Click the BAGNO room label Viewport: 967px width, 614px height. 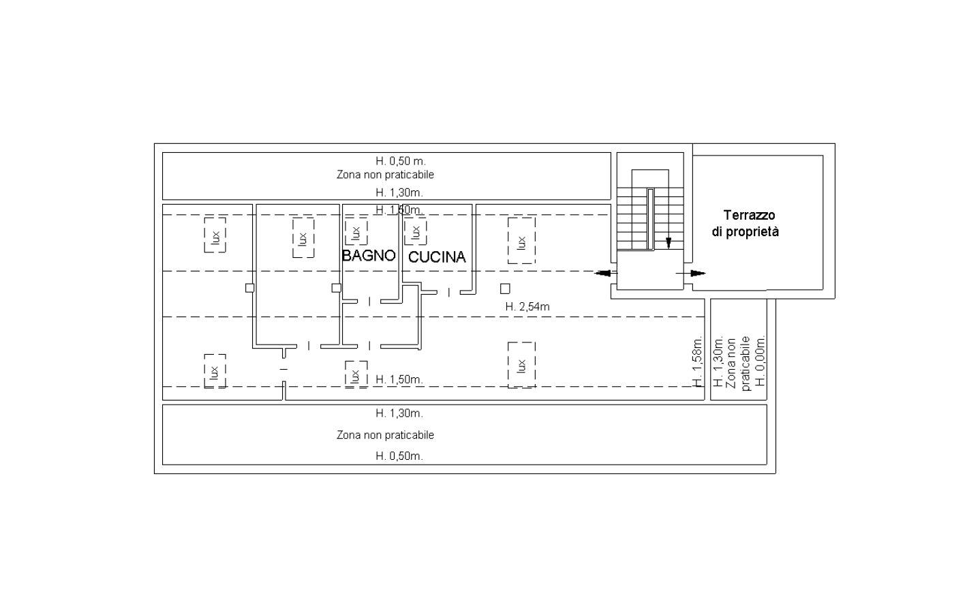click(369, 255)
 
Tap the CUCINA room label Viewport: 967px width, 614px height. click(437, 257)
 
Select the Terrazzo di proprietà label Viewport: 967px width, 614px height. click(746, 223)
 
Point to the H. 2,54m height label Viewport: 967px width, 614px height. click(527, 307)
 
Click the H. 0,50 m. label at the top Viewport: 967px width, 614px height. click(400, 161)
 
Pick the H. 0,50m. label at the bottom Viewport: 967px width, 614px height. click(399, 456)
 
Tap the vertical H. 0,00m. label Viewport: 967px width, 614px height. click(761, 360)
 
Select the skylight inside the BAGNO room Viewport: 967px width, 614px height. click(356, 232)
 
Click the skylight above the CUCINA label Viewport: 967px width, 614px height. click(415, 232)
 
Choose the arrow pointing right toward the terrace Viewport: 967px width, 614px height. click(691, 273)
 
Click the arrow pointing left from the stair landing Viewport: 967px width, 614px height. click(606, 273)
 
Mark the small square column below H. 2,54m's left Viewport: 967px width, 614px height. click(505, 288)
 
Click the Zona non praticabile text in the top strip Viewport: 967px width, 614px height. click(385, 175)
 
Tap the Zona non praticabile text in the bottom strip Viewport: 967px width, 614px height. click(385, 435)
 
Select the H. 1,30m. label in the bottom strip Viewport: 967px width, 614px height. click(399, 413)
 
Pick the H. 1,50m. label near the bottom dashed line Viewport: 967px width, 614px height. click(399, 379)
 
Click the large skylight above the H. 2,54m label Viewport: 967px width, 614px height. click(521, 241)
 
